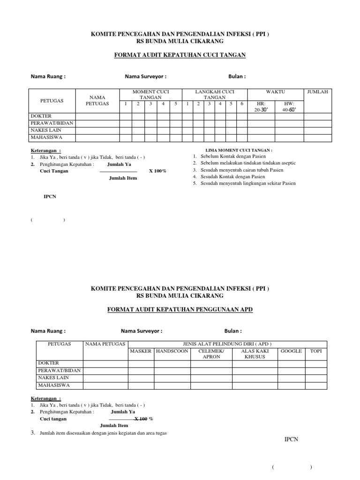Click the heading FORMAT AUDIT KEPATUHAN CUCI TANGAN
(180, 55)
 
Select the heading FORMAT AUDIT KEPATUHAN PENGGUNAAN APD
(180, 310)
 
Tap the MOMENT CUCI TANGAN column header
(150, 94)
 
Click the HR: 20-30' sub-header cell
(261, 106)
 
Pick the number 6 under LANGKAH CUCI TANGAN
(242, 103)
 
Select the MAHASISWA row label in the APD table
(54, 385)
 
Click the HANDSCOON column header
(172, 351)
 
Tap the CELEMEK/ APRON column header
(211, 353)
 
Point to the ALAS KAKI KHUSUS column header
(255, 353)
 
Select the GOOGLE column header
(291, 351)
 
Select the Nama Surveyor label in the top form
(145, 76)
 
